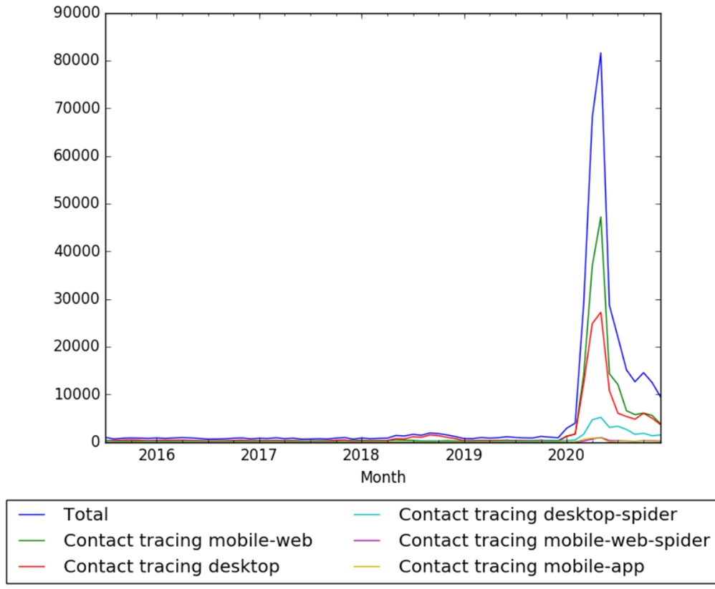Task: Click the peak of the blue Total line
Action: (x=600, y=53)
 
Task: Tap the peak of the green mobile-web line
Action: (x=600, y=217)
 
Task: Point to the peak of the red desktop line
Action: (x=600, y=312)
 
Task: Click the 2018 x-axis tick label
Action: (x=361, y=456)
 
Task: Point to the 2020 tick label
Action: (x=566, y=456)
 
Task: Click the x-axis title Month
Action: (x=383, y=477)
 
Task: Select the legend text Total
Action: (x=86, y=515)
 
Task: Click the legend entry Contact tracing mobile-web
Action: (x=188, y=540)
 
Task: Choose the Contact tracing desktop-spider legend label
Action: (x=537, y=515)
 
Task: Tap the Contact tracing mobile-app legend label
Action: (x=521, y=566)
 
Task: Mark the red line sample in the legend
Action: (x=34, y=566)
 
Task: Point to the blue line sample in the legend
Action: (x=34, y=515)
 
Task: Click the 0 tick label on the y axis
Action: (x=93, y=442)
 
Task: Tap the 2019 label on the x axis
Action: (x=464, y=456)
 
